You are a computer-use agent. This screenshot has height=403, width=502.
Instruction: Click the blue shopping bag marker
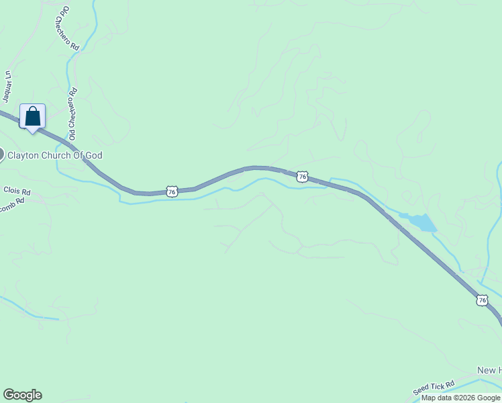coord(32,117)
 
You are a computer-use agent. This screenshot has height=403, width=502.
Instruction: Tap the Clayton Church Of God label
coord(54,155)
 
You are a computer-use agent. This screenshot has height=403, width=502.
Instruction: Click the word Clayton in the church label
coord(21,155)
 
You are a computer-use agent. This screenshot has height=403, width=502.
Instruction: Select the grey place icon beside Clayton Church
coord(1,154)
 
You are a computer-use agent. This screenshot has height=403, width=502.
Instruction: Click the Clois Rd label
coord(17,191)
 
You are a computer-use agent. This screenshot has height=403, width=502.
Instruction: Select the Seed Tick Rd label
coord(434,388)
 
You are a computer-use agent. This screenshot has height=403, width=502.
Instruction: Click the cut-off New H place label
coord(489,371)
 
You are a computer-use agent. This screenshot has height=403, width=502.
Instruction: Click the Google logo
coord(22,395)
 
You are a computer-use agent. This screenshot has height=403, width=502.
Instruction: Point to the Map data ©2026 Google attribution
coord(460,398)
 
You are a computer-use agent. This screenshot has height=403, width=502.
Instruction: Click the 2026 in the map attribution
coord(466,398)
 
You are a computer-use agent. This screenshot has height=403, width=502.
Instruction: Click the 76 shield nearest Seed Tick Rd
coord(482,300)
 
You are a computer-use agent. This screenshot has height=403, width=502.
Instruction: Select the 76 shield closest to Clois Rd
coord(172,191)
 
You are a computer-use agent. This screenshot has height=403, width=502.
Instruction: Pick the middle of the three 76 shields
coord(302,177)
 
